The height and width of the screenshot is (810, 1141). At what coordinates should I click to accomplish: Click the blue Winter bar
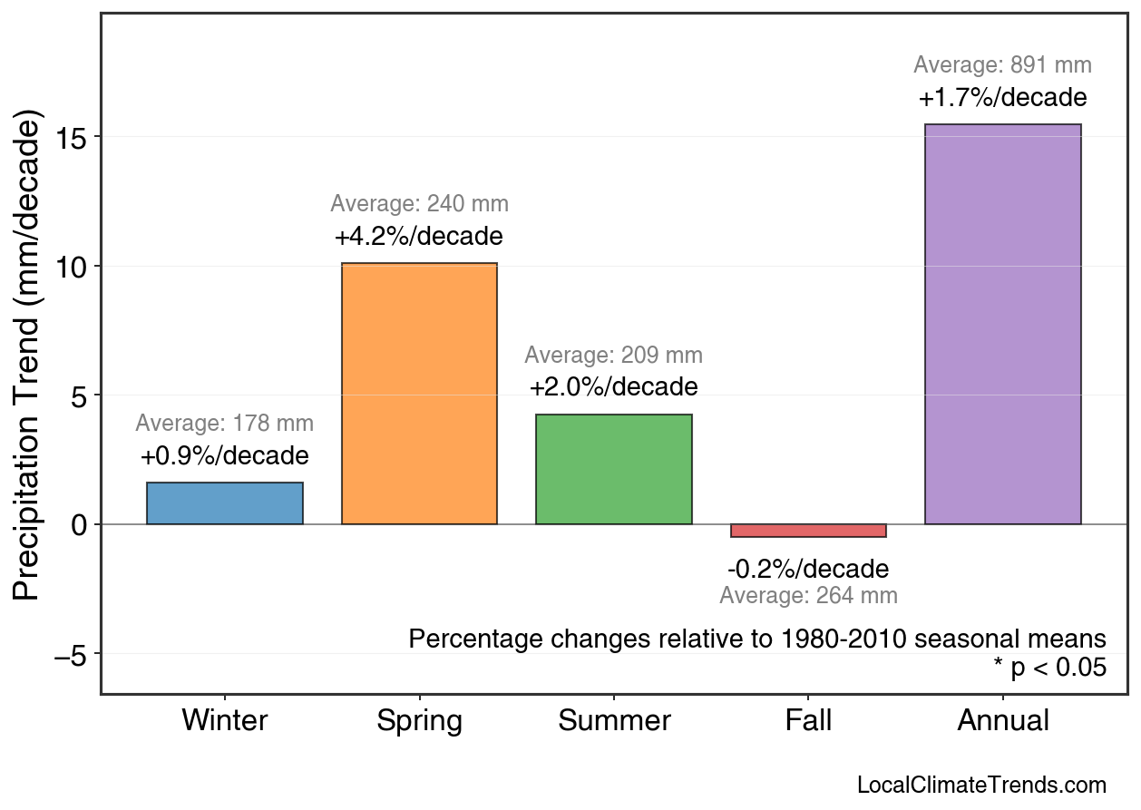pos(225,503)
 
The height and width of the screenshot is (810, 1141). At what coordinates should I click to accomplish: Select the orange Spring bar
pos(419,394)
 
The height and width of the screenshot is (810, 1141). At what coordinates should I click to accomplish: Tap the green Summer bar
pos(614,469)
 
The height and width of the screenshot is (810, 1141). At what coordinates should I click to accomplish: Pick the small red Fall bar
pos(808,531)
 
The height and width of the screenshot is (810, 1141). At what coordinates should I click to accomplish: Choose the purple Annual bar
pos(1002,324)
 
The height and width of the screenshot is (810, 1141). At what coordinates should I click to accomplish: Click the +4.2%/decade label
pos(419,237)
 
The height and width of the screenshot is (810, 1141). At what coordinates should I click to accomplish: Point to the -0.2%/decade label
pos(808,570)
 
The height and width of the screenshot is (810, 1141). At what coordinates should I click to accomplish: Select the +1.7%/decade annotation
pos(1002,97)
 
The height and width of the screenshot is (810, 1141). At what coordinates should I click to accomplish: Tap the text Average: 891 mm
pos(1002,65)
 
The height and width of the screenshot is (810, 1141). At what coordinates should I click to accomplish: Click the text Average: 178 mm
pos(225,424)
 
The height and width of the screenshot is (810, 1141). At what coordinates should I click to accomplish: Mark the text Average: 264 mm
pos(808,596)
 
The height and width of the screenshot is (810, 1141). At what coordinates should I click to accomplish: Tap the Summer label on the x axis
pos(614,721)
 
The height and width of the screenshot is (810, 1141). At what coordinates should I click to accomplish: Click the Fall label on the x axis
pos(808,721)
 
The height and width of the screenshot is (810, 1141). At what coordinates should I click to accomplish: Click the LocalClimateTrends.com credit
pos(981,786)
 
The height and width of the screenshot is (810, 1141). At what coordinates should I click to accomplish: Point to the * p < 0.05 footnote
pos(1049,668)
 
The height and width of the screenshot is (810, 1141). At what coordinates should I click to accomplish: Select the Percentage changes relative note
pos(757,639)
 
